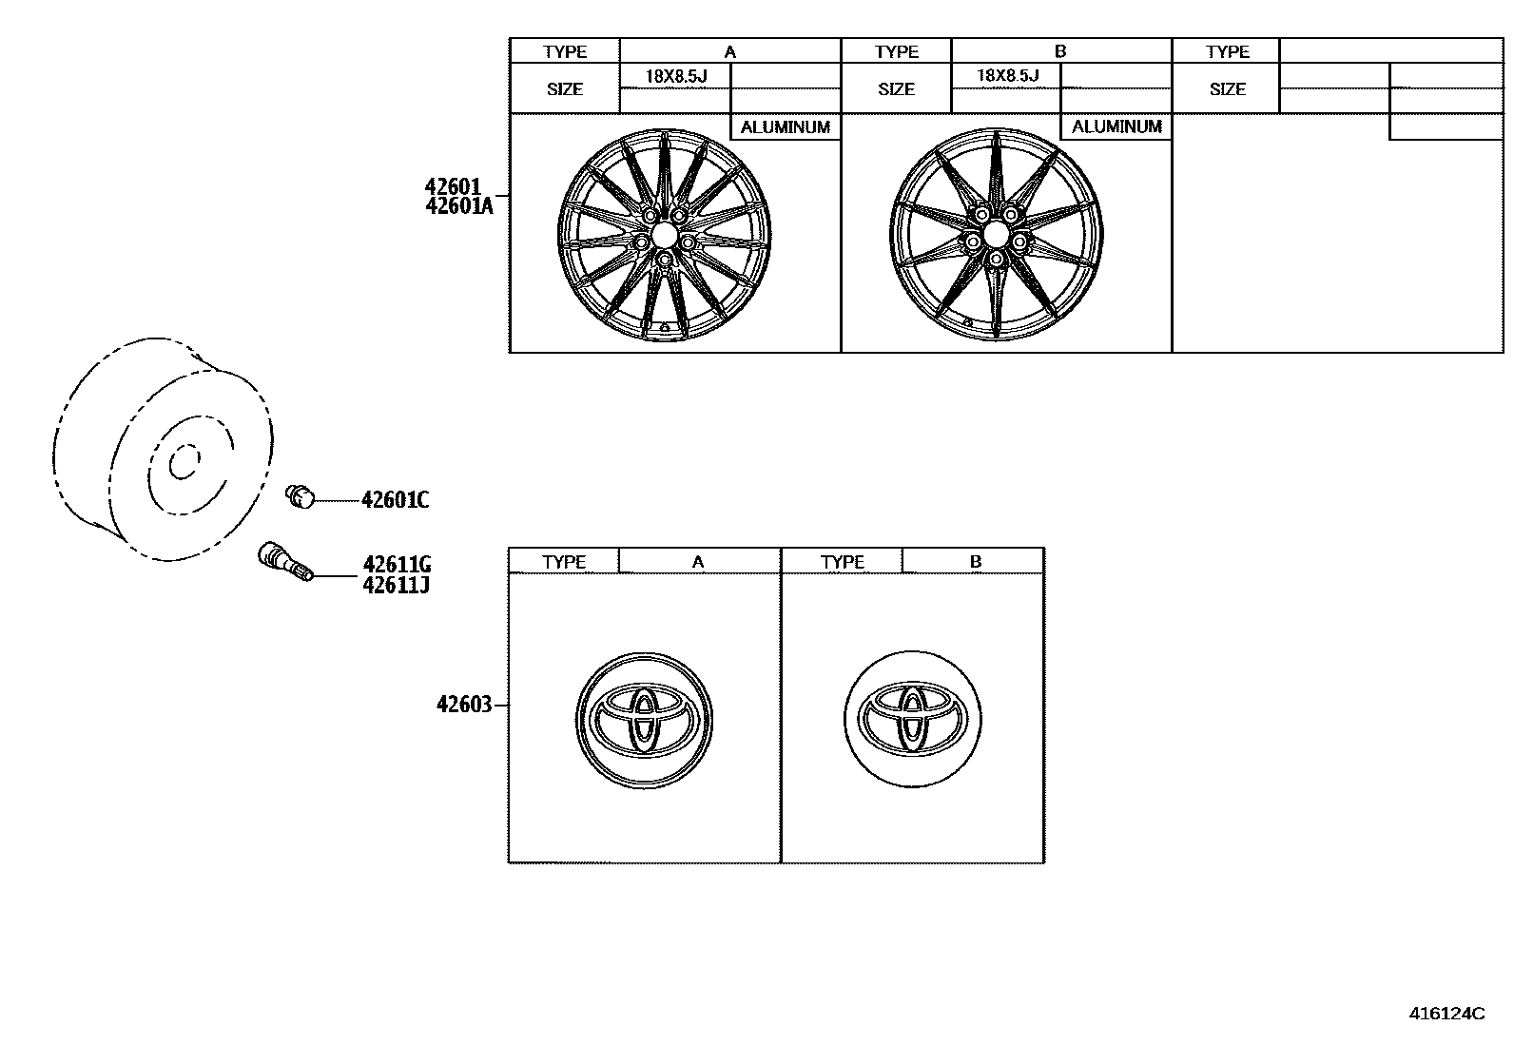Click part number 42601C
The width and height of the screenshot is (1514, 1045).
(395, 499)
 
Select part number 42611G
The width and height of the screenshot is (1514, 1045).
(397, 564)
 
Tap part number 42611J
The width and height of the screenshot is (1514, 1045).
(396, 585)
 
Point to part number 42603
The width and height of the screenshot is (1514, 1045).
(464, 705)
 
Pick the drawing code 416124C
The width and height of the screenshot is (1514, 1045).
(1446, 1013)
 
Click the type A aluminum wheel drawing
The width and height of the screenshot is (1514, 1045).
(663, 234)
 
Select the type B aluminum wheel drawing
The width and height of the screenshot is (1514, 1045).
(997, 234)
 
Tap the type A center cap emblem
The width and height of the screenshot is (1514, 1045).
(644, 721)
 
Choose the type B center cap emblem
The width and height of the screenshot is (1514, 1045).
(912, 719)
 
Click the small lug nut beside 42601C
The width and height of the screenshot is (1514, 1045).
(301, 495)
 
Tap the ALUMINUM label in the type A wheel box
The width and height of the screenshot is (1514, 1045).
(786, 126)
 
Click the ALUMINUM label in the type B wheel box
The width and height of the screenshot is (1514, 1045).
(1116, 126)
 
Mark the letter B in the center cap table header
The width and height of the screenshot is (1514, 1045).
(975, 562)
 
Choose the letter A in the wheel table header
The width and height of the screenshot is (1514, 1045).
(729, 52)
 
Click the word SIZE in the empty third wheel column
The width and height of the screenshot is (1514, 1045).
(1227, 89)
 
